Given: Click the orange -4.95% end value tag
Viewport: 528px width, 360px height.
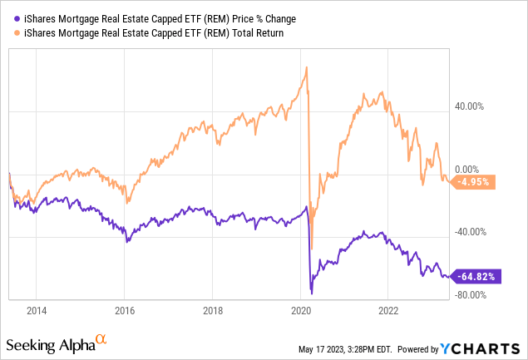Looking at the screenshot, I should (x=475, y=181).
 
